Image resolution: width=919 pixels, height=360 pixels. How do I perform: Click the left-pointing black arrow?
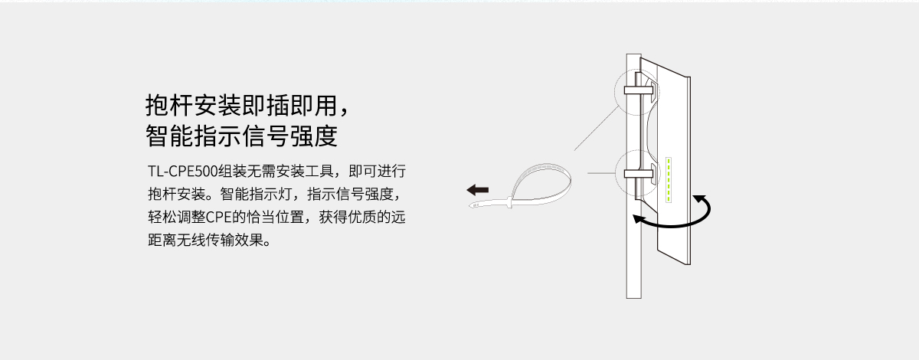tap(478, 190)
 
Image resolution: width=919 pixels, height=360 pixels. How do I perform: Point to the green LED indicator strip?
tap(669, 180)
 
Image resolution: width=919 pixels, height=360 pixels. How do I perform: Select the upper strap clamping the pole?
tap(639, 90)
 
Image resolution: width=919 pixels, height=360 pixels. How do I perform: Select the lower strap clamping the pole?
tap(639, 174)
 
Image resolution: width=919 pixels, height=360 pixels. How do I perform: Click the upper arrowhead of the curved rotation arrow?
tap(698, 199)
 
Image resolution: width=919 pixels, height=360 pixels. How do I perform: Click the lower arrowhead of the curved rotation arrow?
tap(639, 219)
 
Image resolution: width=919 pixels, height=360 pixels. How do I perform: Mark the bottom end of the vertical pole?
tap(634, 298)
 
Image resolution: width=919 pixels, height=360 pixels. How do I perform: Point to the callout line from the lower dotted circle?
tap(601, 173)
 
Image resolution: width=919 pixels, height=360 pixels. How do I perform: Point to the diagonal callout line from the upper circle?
tap(596, 128)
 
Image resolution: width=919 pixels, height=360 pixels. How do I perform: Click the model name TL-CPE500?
tap(182, 171)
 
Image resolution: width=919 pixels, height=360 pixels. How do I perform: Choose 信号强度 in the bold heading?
tap(289, 136)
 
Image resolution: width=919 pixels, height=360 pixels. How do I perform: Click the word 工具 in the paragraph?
tap(319, 171)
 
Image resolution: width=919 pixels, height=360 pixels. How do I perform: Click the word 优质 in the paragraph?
tap(361, 218)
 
